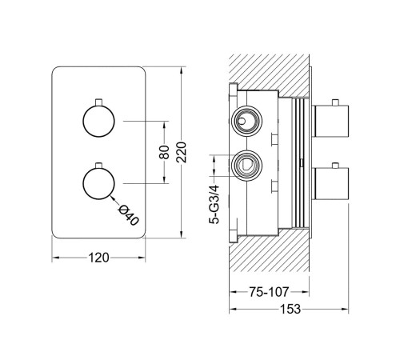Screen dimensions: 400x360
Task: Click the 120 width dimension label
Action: click(98, 258)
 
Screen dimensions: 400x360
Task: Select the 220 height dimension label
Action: click(182, 152)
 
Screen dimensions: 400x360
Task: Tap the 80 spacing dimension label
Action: click(164, 152)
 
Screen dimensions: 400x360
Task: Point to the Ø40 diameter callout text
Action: click(128, 215)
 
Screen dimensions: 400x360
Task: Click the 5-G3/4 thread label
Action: click(214, 204)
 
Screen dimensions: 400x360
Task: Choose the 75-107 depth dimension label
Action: click(269, 292)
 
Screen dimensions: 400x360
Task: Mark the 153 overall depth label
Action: click(290, 309)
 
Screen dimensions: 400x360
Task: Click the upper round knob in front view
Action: click(98, 121)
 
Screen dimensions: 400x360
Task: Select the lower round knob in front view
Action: click(98, 183)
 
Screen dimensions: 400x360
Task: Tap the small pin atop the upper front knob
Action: click(98, 102)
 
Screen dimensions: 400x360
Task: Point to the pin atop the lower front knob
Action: click(98, 165)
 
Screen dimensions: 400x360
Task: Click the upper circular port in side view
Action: click(246, 121)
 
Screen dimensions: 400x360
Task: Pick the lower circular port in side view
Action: click(246, 166)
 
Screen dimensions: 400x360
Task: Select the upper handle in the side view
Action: click(330, 121)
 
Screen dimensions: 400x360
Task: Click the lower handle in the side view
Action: click(330, 184)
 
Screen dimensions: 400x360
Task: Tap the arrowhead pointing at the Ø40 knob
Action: click(112, 198)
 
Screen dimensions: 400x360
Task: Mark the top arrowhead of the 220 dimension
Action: click(182, 70)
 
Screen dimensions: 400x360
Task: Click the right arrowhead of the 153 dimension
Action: click(345, 309)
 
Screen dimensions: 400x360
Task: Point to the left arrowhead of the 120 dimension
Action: click(55, 258)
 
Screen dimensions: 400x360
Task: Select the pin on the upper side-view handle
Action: click(335, 102)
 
